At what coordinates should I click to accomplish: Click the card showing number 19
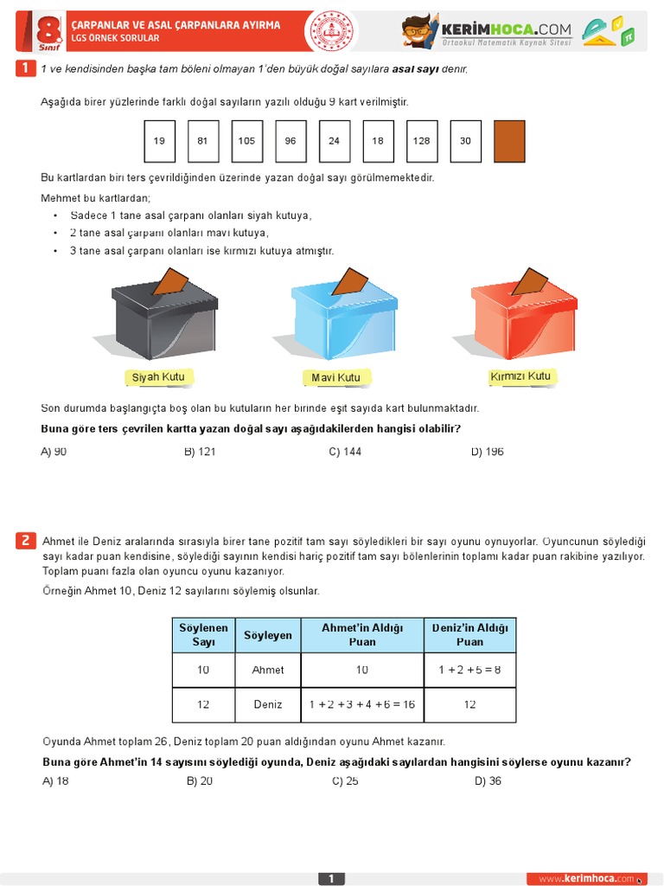click(159, 141)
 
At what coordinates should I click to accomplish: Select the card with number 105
click(246, 141)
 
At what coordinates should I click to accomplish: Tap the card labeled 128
click(421, 141)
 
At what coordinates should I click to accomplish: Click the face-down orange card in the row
click(509, 141)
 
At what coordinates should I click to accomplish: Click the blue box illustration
click(343, 316)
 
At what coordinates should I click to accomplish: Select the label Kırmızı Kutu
click(520, 376)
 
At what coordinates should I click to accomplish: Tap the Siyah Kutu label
click(157, 377)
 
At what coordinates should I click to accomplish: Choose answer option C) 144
click(345, 452)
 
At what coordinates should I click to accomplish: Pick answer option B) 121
click(200, 452)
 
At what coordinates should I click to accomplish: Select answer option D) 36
click(488, 780)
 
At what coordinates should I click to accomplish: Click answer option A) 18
click(55, 780)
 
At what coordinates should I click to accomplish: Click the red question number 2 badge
click(26, 541)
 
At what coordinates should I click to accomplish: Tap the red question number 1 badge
click(26, 68)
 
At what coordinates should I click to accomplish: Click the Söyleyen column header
click(268, 635)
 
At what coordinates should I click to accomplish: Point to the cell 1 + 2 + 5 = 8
click(469, 670)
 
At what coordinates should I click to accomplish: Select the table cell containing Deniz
click(268, 704)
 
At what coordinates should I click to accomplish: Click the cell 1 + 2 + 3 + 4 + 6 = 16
click(362, 704)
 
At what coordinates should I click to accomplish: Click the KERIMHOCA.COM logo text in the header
click(507, 29)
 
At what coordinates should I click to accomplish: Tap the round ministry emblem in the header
click(333, 30)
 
